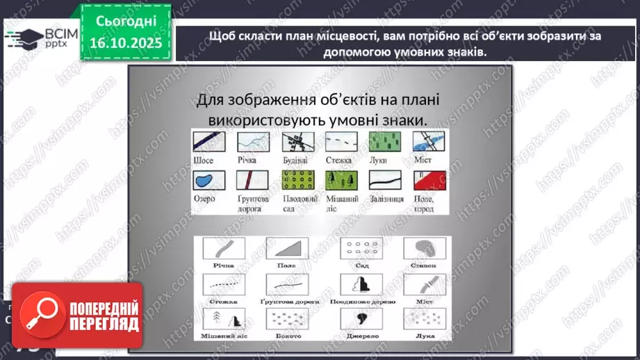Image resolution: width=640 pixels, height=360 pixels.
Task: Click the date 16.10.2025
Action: (126, 43)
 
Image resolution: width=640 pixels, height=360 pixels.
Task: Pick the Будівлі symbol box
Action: (295, 142)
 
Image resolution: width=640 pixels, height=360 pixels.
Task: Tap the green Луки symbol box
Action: (381, 142)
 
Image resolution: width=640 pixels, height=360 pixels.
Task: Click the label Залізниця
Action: (383, 199)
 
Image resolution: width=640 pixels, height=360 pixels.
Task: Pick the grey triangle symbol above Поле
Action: (290, 249)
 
